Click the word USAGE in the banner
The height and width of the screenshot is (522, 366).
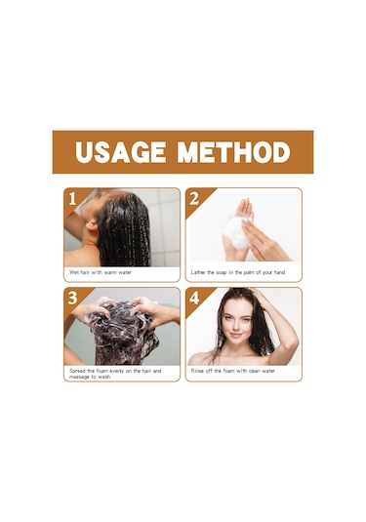click(120, 152)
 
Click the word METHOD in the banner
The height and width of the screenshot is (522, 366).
click(234, 152)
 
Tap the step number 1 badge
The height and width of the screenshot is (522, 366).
click(72, 199)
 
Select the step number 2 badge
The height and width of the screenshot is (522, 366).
click(194, 199)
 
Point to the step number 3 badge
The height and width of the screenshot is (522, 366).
click(72, 299)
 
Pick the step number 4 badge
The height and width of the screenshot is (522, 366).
click(194, 299)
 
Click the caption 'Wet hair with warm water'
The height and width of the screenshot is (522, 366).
click(101, 272)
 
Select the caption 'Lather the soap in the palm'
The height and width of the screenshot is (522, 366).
click(223, 272)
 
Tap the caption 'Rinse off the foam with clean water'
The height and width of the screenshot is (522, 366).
click(233, 371)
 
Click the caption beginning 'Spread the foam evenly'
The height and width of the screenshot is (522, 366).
click(115, 374)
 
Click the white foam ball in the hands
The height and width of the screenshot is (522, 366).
click(237, 233)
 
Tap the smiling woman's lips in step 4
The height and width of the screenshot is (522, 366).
click(236, 335)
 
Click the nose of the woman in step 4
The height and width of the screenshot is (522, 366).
click(235, 326)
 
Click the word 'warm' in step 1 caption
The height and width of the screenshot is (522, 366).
click(110, 272)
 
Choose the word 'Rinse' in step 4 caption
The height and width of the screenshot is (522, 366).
click(197, 371)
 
